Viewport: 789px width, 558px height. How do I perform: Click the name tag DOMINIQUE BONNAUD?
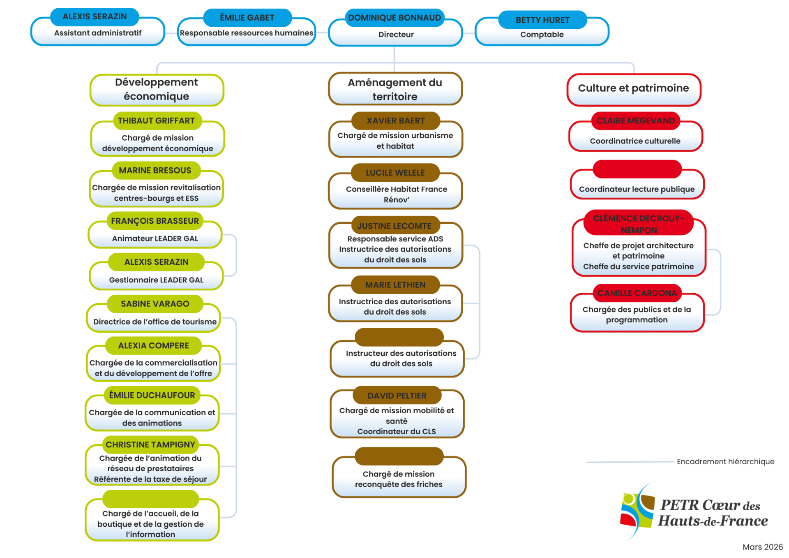click(394, 18)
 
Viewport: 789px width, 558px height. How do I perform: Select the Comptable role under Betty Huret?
click(542, 35)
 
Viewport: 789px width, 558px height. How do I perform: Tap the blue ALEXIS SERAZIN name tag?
click(95, 16)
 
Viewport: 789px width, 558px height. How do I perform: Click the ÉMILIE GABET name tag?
click(247, 18)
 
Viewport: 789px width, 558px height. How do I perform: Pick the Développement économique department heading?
click(157, 89)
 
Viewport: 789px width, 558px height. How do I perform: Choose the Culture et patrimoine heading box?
click(633, 88)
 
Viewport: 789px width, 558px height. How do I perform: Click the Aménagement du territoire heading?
click(395, 89)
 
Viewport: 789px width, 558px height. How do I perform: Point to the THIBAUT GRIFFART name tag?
click(156, 120)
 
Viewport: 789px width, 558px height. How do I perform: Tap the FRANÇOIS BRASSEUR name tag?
click(155, 221)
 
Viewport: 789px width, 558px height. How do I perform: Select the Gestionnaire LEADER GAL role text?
click(156, 280)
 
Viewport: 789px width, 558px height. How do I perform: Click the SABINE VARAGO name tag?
click(155, 304)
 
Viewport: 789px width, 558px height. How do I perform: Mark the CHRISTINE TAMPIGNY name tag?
click(150, 445)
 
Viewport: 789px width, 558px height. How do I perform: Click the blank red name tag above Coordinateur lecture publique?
click(637, 169)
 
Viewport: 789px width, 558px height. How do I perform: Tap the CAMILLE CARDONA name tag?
click(637, 293)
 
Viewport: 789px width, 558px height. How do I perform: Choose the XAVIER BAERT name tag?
click(395, 120)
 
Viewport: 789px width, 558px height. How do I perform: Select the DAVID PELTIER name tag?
click(397, 396)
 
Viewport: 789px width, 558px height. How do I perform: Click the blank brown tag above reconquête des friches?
click(399, 456)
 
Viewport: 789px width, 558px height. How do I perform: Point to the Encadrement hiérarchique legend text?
click(725, 461)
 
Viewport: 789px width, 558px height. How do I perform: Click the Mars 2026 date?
click(762, 547)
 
